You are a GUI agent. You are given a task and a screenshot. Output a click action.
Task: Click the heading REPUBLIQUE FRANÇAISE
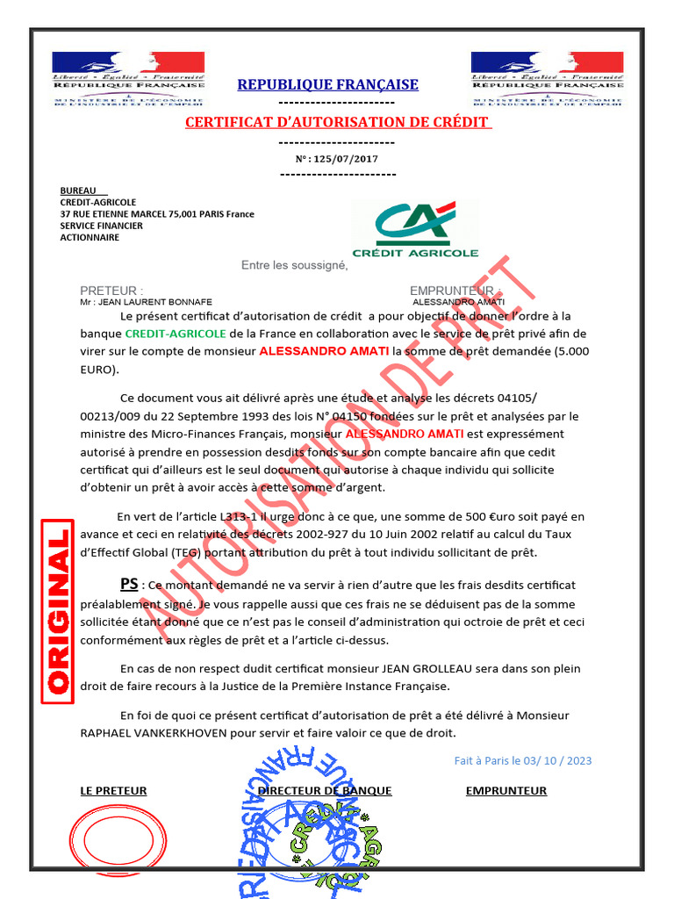[327, 84]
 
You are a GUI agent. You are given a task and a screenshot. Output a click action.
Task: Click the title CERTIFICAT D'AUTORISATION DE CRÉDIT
[338, 122]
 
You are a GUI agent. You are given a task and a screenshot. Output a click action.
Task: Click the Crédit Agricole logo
[415, 229]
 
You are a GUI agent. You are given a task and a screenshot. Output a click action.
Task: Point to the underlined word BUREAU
[78, 191]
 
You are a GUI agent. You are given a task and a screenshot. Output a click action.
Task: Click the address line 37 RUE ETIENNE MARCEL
[157, 213]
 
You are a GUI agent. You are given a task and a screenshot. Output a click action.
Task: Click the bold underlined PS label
[129, 585]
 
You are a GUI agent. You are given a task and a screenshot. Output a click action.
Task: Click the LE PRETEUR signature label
[113, 790]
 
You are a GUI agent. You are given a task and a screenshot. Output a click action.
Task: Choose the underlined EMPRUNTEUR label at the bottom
[505, 790]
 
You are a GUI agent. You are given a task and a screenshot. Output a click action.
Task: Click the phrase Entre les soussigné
[295, 265]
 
